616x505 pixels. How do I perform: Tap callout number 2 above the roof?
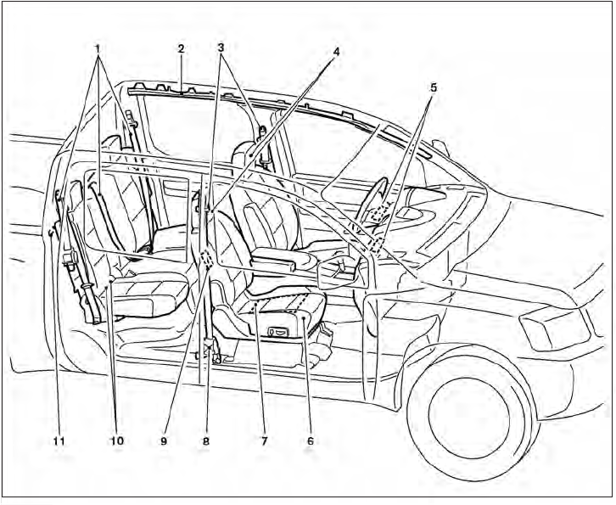[181, 48]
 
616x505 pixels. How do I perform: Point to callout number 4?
[336, 52]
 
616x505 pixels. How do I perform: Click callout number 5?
[432, 86]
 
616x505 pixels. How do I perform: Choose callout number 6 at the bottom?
[311, 441]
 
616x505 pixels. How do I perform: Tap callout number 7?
[263, 441]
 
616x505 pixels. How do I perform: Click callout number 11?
[58, 441]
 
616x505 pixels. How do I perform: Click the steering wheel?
[377, 204]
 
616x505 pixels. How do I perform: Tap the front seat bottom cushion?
[284, 301]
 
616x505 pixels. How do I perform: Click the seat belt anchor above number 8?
[210, 346]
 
